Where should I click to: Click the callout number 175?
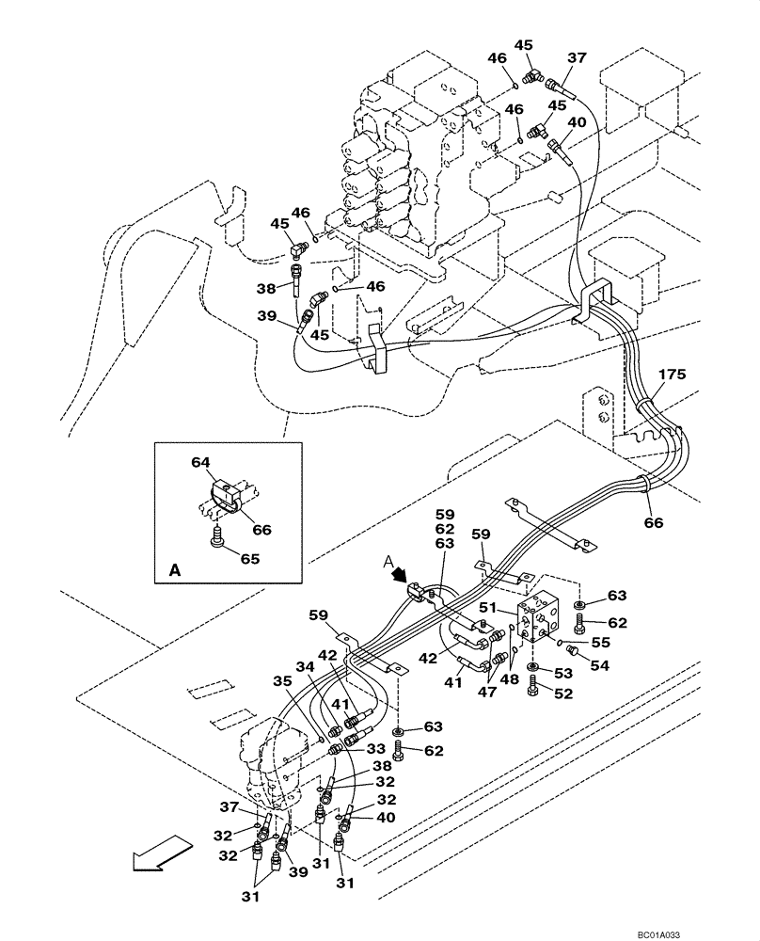tap(672, 374)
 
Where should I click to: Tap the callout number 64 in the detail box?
tap(199, 462)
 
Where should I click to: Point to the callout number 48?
tap(509, 679)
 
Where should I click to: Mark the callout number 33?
tap(375, 749)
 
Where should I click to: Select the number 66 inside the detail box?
tap(261, 530)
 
